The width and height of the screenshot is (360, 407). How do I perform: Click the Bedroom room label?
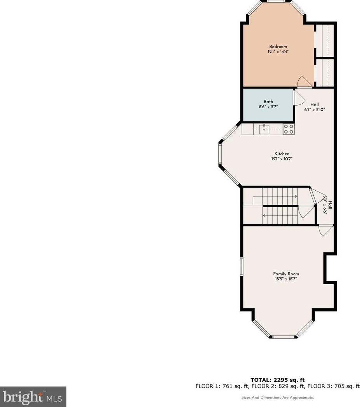click(278, 47)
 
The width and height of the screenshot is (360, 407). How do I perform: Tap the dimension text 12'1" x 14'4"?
click(278, 52)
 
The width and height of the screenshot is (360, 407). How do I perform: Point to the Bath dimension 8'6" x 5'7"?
click(268, 107)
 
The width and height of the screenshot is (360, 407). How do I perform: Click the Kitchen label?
click(282, 154)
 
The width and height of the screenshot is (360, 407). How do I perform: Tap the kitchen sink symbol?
click(264, 129)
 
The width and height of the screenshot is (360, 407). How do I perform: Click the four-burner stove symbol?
click(288, 129)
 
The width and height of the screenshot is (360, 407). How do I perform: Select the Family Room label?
click(286, 274)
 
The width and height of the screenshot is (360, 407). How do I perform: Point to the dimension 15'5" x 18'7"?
click(286, 279)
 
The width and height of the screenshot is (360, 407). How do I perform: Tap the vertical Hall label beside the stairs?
click(330, 205)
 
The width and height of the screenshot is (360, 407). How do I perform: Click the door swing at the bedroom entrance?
click(304, 82)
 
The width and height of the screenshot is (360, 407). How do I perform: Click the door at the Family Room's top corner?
click(325, 231)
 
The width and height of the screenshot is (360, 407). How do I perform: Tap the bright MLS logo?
click(33, 397)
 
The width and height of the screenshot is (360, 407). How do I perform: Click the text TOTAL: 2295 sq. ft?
click(278, 380)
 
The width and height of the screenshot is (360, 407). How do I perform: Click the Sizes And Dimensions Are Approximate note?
click(278, 398)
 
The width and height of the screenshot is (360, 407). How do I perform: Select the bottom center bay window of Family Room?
click(283, 337)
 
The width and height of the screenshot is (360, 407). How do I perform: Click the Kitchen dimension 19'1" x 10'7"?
click(282, 159)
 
